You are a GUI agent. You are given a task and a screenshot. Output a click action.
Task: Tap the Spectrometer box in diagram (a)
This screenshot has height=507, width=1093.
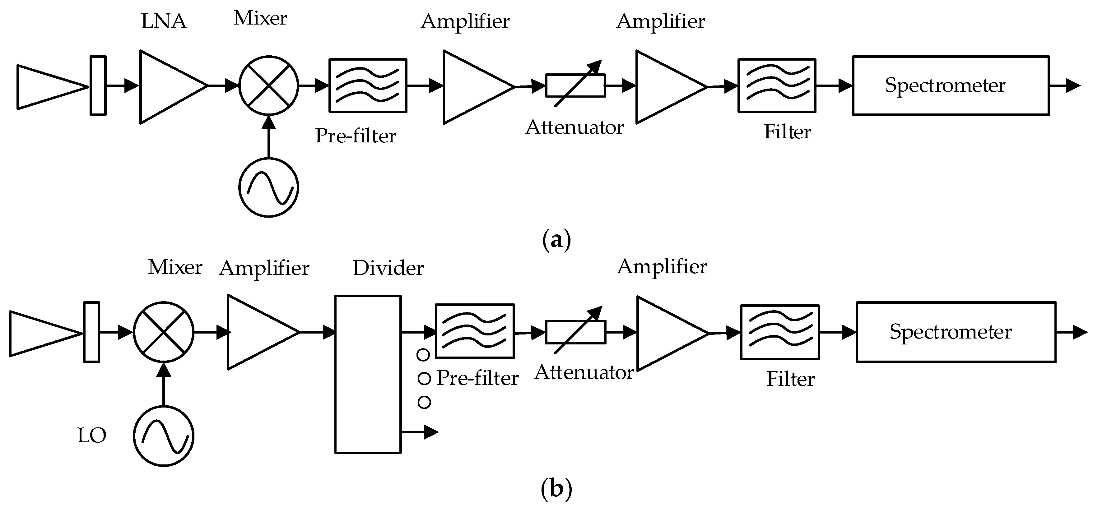point(951,85)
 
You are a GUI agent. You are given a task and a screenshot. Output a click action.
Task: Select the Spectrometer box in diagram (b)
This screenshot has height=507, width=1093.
point(955,332)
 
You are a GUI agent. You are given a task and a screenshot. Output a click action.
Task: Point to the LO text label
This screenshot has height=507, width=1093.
point(92,436)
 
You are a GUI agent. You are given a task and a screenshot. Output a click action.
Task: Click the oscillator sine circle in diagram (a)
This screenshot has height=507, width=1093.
point(268,187)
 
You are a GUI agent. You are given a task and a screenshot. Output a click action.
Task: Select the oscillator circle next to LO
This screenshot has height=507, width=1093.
point(164,436)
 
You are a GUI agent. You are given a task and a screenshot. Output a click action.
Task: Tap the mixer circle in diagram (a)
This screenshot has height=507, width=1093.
point(268,85)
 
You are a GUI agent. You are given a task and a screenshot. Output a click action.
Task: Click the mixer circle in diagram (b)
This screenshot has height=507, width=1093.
point(164,332)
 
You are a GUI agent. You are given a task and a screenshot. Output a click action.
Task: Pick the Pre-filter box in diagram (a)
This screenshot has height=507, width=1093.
point(368,85)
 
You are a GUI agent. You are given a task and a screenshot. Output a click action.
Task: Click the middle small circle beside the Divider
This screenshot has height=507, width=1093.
point(424,378)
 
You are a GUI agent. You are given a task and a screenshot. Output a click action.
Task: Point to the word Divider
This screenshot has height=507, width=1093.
point(388,268)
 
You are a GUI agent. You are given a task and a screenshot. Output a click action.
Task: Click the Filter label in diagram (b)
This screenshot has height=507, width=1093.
point(790,379)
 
